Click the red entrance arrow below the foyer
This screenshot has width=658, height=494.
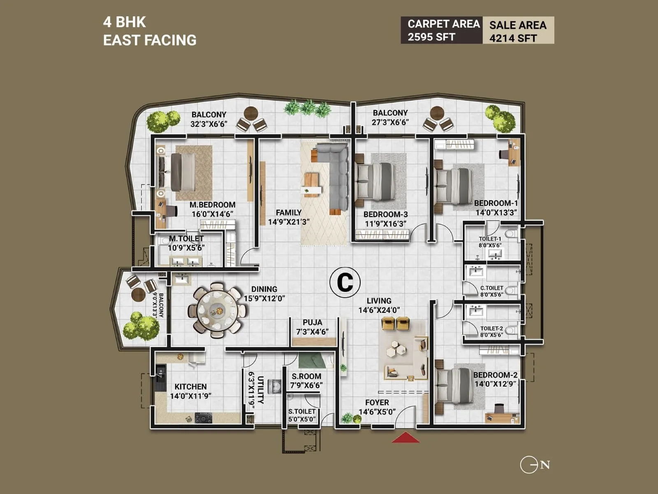[405, 438]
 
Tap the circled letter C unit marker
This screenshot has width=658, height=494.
[345, 282]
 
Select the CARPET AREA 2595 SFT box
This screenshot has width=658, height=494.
[442, 30]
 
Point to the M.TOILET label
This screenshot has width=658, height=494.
[186, 239]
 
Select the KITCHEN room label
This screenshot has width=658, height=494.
[190, 387]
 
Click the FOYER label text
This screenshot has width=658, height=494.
[377, 403]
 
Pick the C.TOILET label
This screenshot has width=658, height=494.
[491, 288]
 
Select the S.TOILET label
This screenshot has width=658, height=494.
[302, 411]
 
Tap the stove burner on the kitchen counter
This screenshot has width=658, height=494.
[203, 417]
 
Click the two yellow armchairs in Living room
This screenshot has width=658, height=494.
[395, 324]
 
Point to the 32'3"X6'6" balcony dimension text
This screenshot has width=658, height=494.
[209, 124]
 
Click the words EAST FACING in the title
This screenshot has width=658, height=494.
[150, 40]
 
